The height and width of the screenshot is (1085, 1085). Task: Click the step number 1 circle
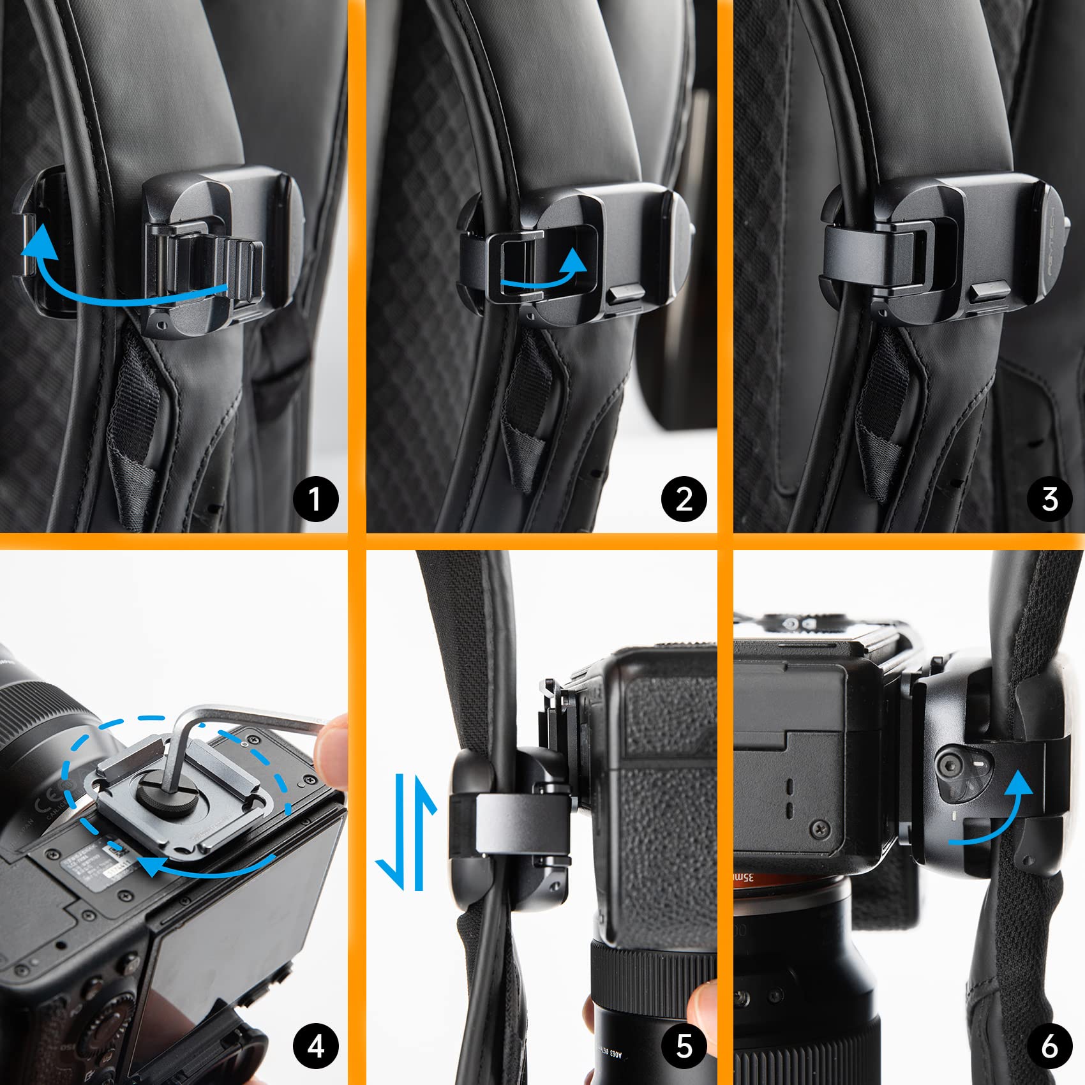(316, 498)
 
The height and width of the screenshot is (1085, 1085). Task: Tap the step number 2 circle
(684, 498)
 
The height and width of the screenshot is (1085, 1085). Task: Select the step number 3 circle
(1050, 498)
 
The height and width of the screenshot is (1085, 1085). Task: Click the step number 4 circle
(316, 1046)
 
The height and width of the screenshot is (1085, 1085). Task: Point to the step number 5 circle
(684, 1046)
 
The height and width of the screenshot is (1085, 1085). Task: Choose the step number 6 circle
(1050, 1046)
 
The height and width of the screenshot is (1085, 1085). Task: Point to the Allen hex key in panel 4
(255, 718)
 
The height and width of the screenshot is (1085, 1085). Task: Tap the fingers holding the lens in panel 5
(702, 1008)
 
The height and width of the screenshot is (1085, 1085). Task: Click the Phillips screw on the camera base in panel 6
(819, 830)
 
